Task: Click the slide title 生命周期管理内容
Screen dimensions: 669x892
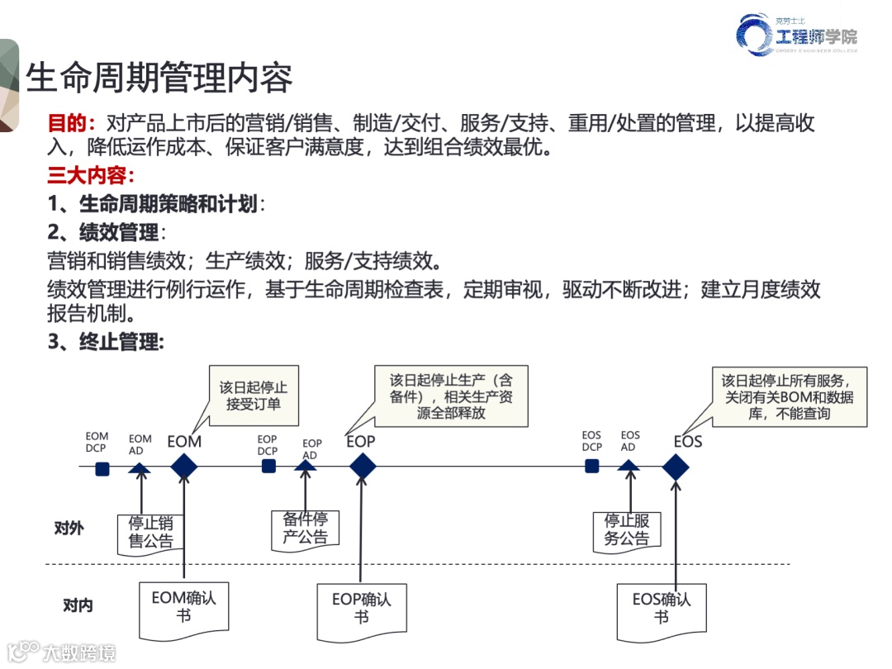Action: click(159, 78)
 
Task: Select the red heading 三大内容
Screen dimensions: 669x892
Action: click(86, 176)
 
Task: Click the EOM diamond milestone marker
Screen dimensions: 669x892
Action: click(184, 467)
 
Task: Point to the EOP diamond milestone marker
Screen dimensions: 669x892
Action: click(363, 467)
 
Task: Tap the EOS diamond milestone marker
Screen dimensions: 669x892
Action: click(676, 467)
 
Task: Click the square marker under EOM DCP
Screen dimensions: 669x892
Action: click(102, 469)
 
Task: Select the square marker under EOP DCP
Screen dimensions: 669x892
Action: click(268, 467)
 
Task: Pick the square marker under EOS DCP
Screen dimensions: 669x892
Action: click(592, 467)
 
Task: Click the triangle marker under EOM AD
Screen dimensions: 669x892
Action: click(140, 468)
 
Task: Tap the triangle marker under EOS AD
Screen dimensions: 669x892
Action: click(629, 467)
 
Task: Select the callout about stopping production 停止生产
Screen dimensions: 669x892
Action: click(451, 396)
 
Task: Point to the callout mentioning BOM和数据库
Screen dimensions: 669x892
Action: click(789, 396)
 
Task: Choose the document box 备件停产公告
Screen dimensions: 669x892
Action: click(306, 529)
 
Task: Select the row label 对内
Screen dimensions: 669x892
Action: click(78, 605)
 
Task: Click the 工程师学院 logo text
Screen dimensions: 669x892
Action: click(815, 36)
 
